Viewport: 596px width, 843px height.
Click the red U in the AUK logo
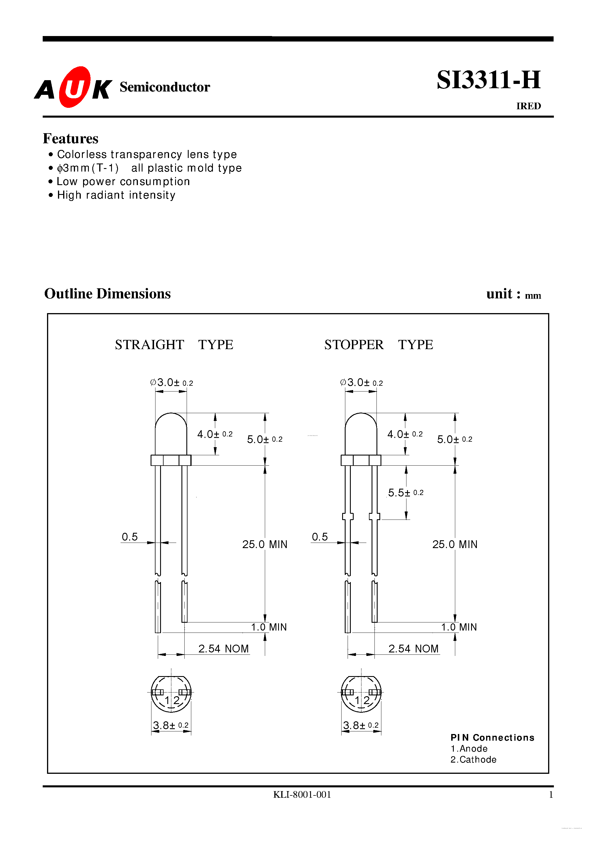click(75, 87)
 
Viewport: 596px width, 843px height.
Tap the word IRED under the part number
click(528, 106)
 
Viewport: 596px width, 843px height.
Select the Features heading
click(71, 139)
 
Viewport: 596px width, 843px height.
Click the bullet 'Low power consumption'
click(123, 182)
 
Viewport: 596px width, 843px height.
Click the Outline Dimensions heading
click(107, 294)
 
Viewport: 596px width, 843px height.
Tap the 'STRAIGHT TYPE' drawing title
click(174, 345)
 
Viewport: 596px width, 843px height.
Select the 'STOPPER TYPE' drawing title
click(378, 345)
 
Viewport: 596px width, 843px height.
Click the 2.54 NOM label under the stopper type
click(413, 649)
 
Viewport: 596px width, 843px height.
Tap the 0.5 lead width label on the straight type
click(130, 537)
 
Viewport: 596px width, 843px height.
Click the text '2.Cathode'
click(473, 760)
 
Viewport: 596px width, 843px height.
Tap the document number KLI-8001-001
click(302, 795)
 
